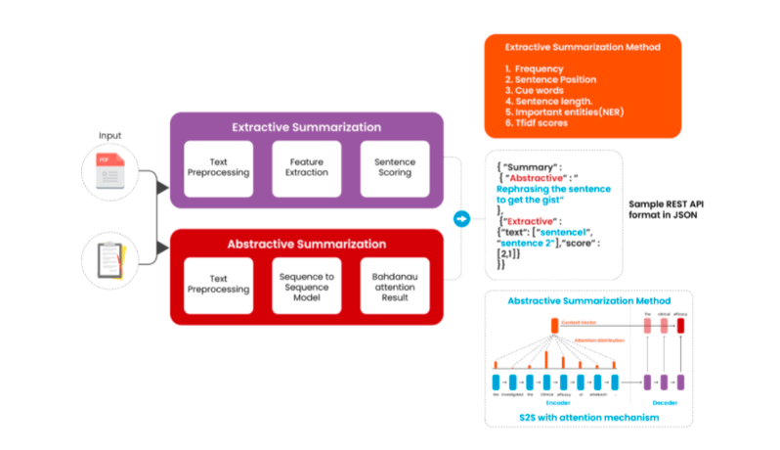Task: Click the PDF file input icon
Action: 110,173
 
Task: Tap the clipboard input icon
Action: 110,260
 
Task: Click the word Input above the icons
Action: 109,135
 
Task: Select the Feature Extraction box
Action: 307,167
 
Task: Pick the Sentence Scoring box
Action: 394,167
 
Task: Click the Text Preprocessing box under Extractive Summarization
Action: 219,167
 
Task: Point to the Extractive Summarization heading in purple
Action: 307,127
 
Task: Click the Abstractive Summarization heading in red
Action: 307,244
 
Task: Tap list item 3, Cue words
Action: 539,90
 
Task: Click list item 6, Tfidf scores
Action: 542,124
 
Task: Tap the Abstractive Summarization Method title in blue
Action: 587,300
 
